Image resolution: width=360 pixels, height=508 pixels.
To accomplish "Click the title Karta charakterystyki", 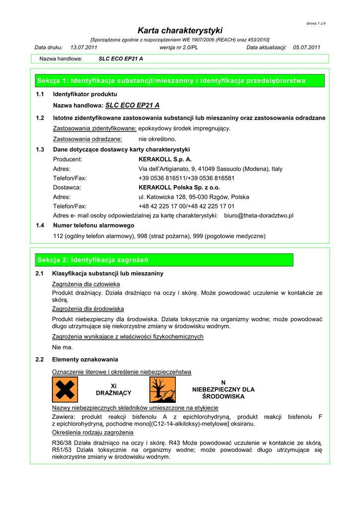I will point(180,30).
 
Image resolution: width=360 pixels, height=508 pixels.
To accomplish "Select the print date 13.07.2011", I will point(84,48).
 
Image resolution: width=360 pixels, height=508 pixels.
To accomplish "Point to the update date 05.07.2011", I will point(307,48).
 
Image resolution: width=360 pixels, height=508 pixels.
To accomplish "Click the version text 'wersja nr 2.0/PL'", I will point(179,48).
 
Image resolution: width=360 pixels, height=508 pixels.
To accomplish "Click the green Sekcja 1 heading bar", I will point(179,80).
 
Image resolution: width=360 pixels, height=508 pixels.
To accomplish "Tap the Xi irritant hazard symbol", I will point(65,389).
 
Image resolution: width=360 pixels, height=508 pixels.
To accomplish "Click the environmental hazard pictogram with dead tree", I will point(162,389).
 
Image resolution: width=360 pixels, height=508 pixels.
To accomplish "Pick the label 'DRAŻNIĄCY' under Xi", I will point(113,393).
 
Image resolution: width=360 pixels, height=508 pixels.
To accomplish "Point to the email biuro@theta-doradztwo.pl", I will point(259,216).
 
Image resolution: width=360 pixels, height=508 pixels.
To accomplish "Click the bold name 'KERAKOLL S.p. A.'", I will point(165,159).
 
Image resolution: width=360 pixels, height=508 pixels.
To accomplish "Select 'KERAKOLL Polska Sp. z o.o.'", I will point(179,188).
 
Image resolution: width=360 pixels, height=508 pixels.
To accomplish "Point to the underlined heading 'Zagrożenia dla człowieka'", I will point(86,284).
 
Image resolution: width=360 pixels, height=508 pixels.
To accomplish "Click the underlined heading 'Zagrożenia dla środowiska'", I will point(88,309).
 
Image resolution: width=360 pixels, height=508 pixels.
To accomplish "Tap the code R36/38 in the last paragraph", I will point(63,443).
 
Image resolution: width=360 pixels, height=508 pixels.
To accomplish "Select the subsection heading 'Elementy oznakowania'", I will point(85,359).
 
